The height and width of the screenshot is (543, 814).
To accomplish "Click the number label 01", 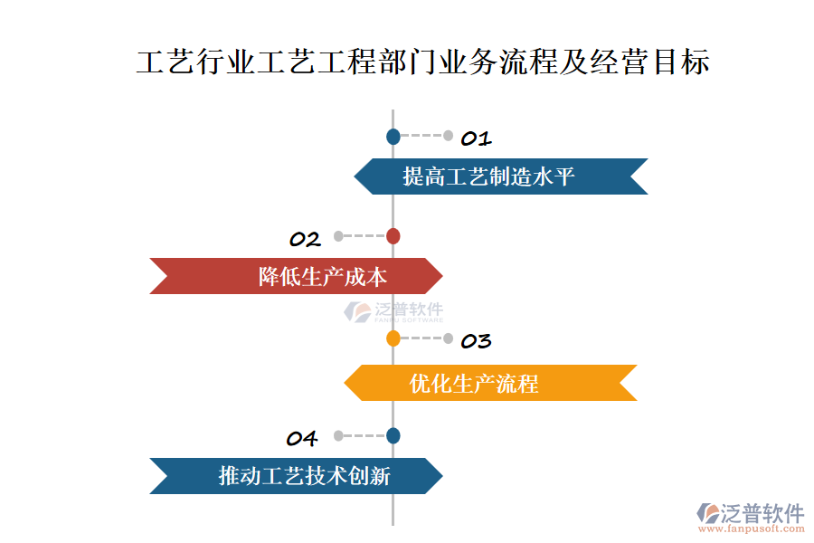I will pos(476,138).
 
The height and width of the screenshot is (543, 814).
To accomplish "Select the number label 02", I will pos(306,239).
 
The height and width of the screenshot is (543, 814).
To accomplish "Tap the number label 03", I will pos(476,340).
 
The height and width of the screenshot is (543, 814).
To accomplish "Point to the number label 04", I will pos(302,439).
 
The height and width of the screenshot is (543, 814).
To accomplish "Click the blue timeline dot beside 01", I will pos(393,137).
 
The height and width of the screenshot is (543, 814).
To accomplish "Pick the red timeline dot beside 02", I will pos(393,236).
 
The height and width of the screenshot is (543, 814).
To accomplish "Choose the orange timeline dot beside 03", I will pos(393,338).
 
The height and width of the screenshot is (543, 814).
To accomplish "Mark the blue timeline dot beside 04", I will pos(393,435).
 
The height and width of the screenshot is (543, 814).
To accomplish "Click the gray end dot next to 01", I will pos(449,137).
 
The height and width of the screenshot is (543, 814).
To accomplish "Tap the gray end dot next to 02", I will pos(338,236).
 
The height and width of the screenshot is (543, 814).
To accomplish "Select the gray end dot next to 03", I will pos(449,338).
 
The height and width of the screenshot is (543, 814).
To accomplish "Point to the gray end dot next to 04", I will pos(338,435).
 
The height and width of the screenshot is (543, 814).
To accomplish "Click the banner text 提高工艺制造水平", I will pos(488,176).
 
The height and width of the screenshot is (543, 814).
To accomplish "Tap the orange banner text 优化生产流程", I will pos(474,383).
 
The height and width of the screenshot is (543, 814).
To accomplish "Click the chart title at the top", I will pos(423,62).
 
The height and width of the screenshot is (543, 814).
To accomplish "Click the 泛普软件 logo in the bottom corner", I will pos(750,512).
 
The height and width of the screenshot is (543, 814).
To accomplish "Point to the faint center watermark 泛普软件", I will pos(394,312).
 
